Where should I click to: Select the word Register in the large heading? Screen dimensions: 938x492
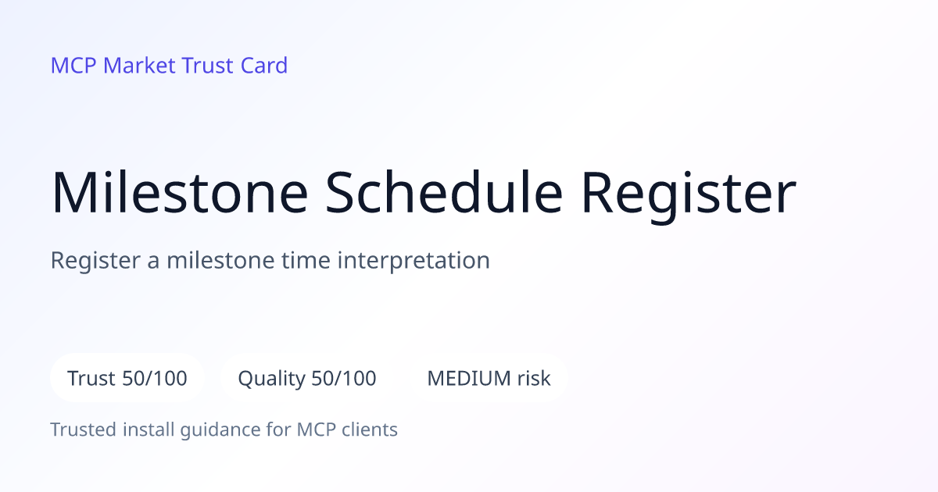(689, 196)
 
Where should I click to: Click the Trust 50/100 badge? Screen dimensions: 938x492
(127, 378)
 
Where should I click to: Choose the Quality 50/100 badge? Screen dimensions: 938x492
(307, 378)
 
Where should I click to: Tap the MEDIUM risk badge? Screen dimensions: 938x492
(489, 378)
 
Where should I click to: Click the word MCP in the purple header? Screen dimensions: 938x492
(73, 66)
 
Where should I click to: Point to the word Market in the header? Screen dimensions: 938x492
(139, 66)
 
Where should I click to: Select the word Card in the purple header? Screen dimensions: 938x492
(264, 66)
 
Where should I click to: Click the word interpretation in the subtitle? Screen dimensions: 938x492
(414, 261)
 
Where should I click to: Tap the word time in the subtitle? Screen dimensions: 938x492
(306, 260)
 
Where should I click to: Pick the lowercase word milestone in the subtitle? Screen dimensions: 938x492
(220, 260)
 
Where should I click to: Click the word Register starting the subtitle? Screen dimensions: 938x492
(95, 261)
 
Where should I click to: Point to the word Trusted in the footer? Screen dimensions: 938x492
(84, 430)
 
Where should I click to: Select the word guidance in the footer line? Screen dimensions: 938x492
(220, 430)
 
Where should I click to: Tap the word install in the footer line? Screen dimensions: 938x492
(149, 430)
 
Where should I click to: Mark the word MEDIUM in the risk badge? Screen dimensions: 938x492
(469, 378)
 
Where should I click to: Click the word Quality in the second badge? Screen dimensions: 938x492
(272, 379)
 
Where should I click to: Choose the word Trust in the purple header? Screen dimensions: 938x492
(207, 66)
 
